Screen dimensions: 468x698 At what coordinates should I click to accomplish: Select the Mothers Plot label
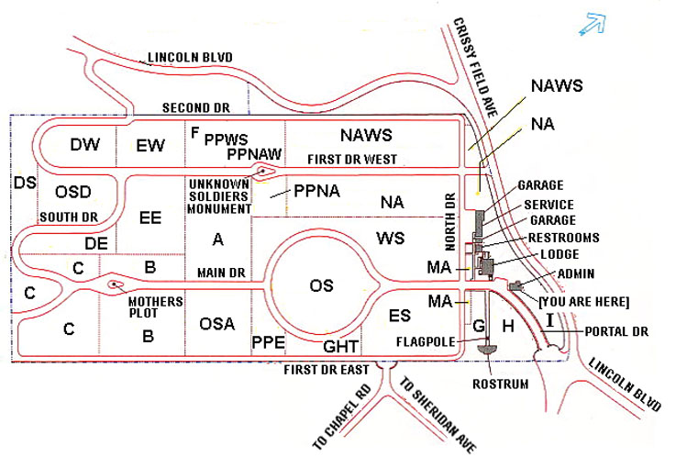coord(155,306)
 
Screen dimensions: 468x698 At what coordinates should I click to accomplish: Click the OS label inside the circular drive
coord(321,285)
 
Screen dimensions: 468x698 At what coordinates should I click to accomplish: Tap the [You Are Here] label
coord(585,301)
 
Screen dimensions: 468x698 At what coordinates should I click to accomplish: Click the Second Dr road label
coord(194,107)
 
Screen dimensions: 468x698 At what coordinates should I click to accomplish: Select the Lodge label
coord(560,254)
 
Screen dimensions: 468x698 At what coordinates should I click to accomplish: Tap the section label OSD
coord(72,192)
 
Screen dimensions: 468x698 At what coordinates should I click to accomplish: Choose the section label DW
coord(84,144)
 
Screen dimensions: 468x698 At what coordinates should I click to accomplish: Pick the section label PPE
coord(268,343)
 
